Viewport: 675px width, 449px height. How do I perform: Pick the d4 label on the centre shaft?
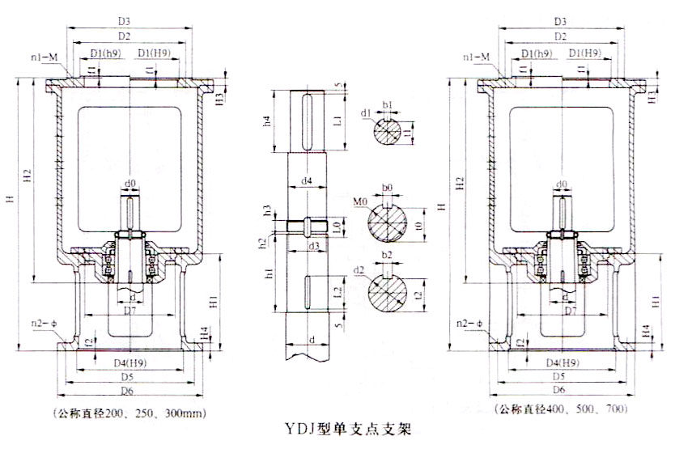tap(307, 182)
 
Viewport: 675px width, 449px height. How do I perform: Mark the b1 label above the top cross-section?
tap(387, 105)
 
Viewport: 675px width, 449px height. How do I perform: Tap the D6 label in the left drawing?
tap(124, 391)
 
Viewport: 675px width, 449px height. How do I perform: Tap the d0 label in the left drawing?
tap(130, 184)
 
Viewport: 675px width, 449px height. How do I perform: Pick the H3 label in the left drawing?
tap(220, 97)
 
